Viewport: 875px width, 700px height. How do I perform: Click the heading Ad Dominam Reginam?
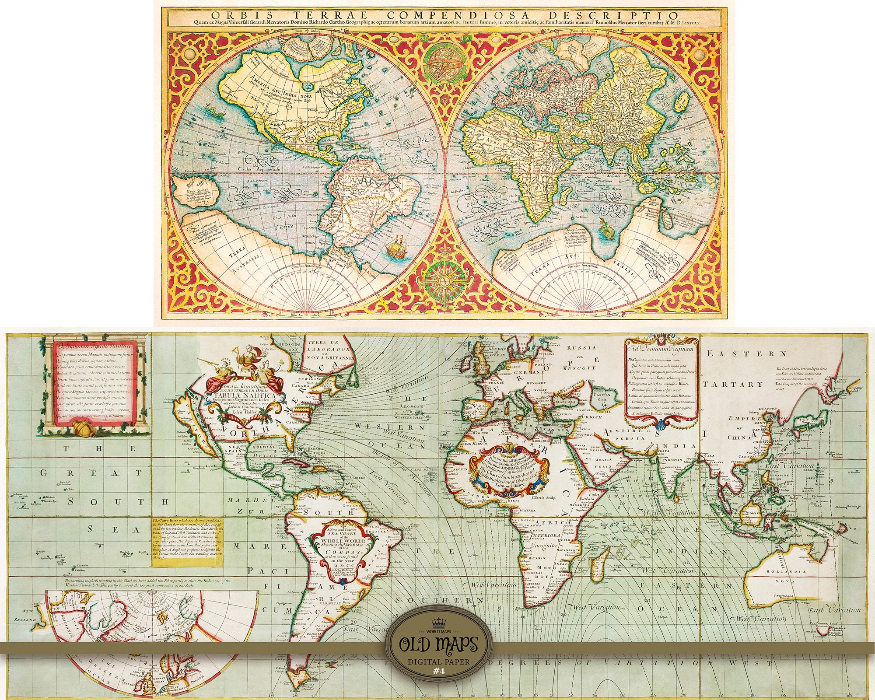[661, 349]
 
